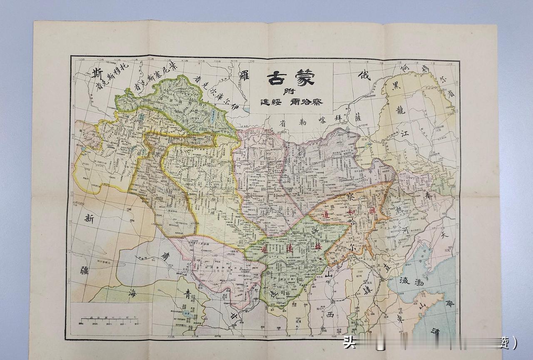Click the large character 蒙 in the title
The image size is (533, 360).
pyautogui.click(x=308, y=77)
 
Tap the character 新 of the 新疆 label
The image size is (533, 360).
pyautogui.click(x=89, y=218)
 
